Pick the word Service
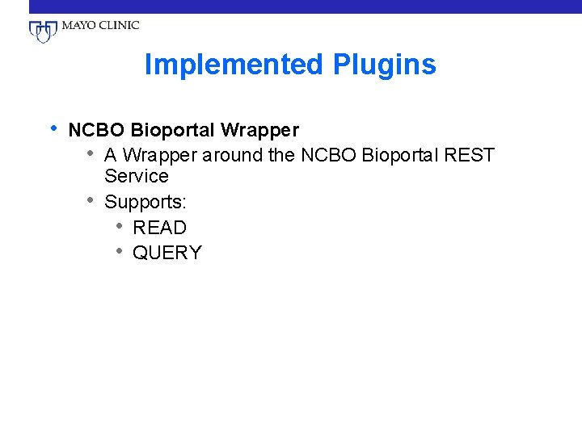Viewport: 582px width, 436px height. click(137, 176)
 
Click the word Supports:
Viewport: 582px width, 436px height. click(145, 202)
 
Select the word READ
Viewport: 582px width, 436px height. click(159, 228)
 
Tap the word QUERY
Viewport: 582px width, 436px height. click(167, 253)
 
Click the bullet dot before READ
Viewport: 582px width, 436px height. click(119, 226)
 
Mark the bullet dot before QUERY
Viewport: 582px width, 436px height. click(119, 251)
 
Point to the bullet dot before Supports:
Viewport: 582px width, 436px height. click(91, 200)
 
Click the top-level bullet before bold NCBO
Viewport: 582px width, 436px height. click(53, 128)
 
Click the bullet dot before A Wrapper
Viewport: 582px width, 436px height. click(91, 153)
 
